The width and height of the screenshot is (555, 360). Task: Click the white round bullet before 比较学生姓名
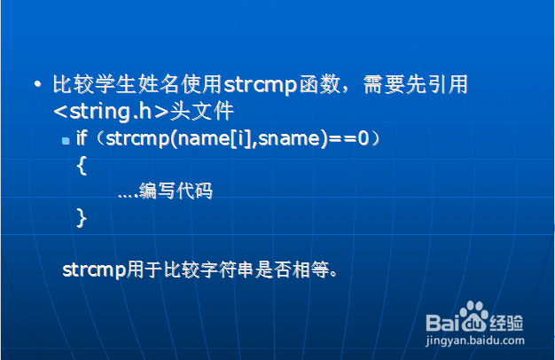pyautogui.click(x=37, y=84)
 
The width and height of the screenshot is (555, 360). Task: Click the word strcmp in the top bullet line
pyautogui.click(x=260, y=85)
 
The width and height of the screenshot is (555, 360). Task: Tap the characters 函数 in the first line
pyautogui.click(x=320, y=84)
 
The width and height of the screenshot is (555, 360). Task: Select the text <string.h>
pyautogui.click(x=111, y=111)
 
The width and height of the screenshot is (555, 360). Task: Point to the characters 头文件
pyautogui.click(x=202, y=111)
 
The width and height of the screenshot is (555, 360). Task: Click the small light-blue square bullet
pyautogui.click(x=66, y=141)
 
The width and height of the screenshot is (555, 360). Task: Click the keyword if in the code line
pyautogui.click(x=82, y=137)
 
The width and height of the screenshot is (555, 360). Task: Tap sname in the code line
pyautogui.click(x=289, y=138)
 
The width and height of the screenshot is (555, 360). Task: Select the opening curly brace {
pyautogui.click(x=82, y=165)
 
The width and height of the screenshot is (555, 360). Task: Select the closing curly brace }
pyautogui.click(x=82, y=217)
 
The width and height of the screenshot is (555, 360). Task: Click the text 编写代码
pyautogui.click(x=176, y=191)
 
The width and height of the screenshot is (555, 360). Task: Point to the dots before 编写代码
pyautogui.click(x=129, y=196)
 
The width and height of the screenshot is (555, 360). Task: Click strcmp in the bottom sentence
pyautogui.click(x=94, y=270)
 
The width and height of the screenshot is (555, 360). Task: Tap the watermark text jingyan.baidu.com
pyautogui.click(x=475, y=340)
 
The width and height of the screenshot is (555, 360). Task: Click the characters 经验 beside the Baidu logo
pyautogui.click(x=506, y=323)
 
